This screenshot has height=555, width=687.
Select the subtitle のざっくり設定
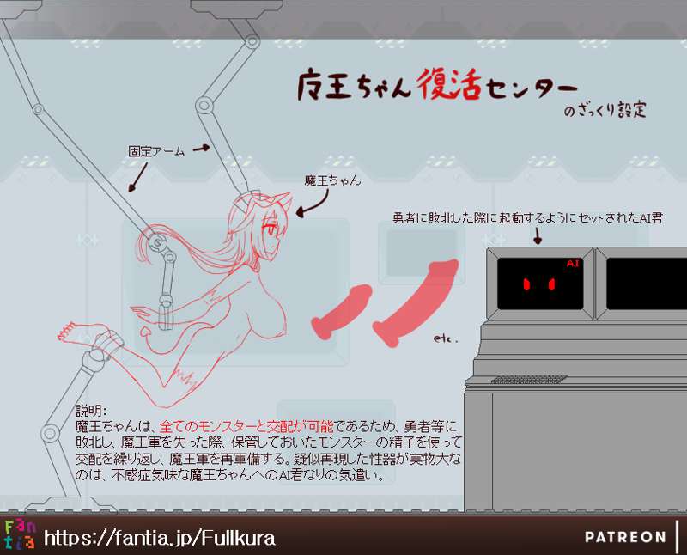coord(605,110)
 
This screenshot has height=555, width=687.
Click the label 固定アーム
coord(156,152)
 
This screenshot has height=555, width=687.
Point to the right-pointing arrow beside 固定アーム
coord(201,148)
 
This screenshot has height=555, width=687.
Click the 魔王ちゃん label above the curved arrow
coord(332,180)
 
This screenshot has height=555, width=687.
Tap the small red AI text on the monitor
coord(573,263)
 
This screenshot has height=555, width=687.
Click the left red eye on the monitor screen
coord(526,284)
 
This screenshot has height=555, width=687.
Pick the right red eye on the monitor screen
coord(551,284)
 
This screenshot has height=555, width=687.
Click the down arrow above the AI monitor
coord(538,236)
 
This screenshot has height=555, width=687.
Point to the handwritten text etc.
coord(446,338)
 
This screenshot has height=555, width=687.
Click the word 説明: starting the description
coord(91,411)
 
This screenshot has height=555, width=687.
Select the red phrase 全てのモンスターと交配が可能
coord(246,426)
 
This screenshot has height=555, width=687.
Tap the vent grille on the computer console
coord(529,379)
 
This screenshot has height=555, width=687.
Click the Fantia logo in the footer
coord(20,535)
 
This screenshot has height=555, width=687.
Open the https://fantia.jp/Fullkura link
coord(160,538)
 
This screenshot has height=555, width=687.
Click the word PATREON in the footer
coord(625,537)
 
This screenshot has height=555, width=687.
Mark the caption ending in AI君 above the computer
coord(527,218)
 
